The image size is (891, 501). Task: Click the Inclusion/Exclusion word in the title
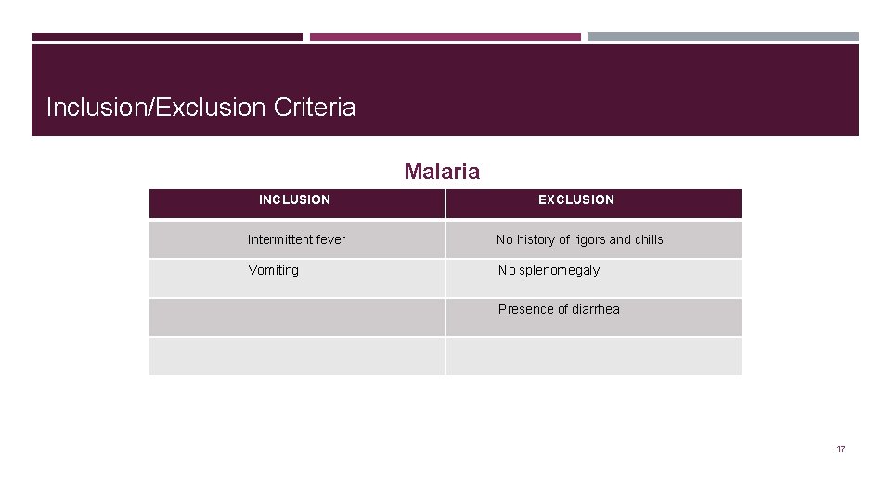click(x=156, y=108)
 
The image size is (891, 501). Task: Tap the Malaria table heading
click(x=442, y=172)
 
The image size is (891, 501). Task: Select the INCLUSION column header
click(x=294, y=199)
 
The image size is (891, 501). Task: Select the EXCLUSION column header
click(x=576, y=199)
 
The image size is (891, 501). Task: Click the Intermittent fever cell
click(x=296, y=239)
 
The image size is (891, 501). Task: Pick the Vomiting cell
click(x=273, y=270)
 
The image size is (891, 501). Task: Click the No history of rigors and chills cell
click(x=580, y=239)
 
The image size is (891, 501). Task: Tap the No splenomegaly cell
click(x=549, y=270)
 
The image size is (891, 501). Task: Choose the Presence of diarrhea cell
click(x=559, y=309)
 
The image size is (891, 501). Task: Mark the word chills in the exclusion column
click(x=649, y=239)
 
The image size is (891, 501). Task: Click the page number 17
click(x=840, y=449)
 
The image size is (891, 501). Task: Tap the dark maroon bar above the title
click(x=167, y=37)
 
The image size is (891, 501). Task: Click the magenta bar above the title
click(x=445, y=37)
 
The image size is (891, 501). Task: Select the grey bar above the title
click(x=722, y=37)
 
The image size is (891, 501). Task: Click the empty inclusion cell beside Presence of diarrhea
click(x=297, y=316)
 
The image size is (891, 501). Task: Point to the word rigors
click(x=588, y=239)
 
